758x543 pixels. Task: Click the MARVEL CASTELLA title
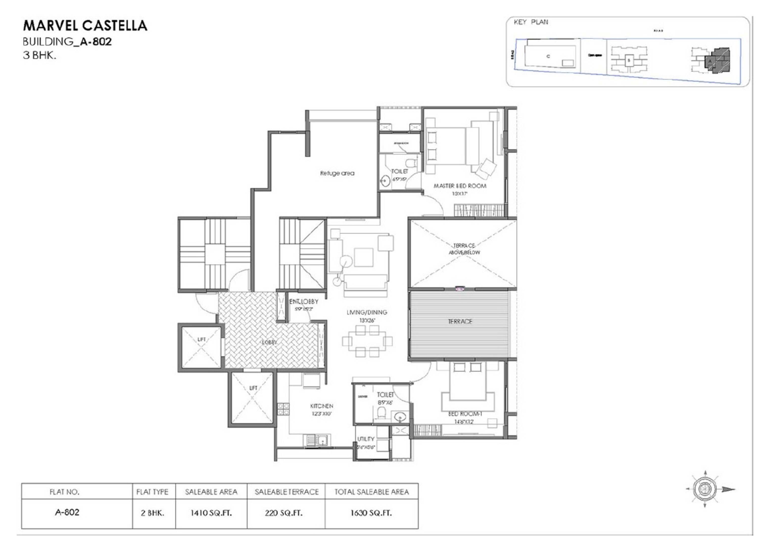(x=85, y=26)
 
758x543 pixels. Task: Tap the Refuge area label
(x=337, y=173)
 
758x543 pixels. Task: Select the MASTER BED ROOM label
(x=460, y=186)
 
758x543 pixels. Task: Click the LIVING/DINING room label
(x=366, y=312)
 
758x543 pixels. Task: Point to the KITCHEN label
(x=321, y=406)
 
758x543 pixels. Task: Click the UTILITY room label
(x=365, y=439)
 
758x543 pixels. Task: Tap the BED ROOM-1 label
(x=465, y=414)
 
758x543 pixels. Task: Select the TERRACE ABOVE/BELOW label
(x=464, y=249)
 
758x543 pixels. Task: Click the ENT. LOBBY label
(x=303, y=301)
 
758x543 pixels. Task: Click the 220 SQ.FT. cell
(x=284, y=513)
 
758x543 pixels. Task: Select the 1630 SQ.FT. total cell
(x=371, y=513)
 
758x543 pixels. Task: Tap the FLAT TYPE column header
(x=152, y=492)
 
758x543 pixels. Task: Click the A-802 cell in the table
(x=67, y=512)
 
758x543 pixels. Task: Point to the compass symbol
(x=705, y=489)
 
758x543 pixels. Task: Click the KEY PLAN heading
(x=531, y=22)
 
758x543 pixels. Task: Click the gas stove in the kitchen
(x=283, y=409)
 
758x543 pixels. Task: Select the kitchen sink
(x=317, y=440)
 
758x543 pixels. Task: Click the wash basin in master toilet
(x=385, y=181)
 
